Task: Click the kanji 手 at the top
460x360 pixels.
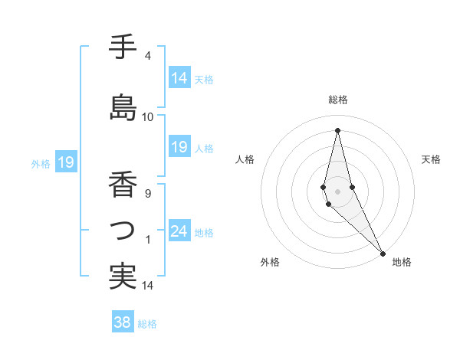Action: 122,47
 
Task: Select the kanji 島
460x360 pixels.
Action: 123,106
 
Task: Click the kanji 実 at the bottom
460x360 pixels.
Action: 122,276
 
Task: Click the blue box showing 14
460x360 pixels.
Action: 179,78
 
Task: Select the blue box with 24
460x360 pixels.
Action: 179,231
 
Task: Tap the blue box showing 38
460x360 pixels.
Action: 123,322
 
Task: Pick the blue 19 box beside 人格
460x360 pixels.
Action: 179,147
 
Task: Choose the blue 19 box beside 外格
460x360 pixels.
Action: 66,162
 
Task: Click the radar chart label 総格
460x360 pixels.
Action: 337,100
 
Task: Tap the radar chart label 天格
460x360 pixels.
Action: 432,159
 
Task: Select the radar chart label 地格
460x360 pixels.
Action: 402,262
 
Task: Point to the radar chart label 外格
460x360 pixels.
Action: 270,262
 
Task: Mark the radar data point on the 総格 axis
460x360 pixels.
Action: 337,129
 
